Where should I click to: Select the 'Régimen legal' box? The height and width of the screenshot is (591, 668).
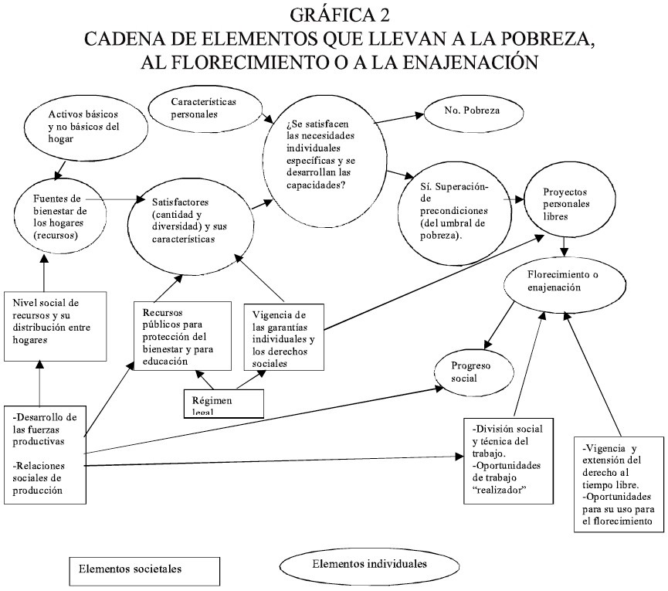point(222,403)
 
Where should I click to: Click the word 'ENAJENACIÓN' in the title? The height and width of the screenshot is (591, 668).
point(449,62)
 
